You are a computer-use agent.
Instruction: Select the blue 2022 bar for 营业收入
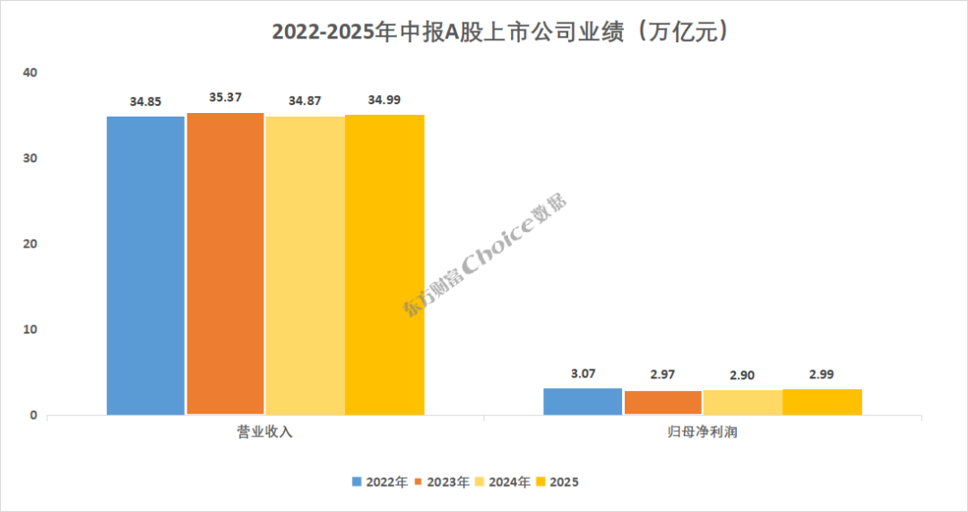pyautogui.click(x=145, y=265)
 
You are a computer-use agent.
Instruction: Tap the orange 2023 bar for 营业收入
pyautogui.click(x=225, y=264)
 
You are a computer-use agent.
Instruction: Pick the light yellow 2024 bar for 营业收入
pyautogui.click(x=305, y=265)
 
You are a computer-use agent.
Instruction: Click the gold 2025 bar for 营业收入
pyautogui.click(x=385, y=265)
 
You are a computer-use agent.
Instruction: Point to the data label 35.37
pyautogui.click(x=225, y=97)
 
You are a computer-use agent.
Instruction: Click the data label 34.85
pyautogui.click(x=145, y=101)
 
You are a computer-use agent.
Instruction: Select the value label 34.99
pyautogui.click(x=385, y=100)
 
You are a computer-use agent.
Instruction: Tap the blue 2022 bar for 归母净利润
pyautogui.click(x=583, y=402)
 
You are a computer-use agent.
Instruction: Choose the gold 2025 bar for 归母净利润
pyautogui.click(x=822, y=402)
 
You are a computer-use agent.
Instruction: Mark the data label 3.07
pyautogui.click(x=583, y=374)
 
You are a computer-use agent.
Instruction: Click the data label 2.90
pyautogui.click(x=742, y=376)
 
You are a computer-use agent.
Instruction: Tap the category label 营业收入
pyautogui.click(x=264, y=432)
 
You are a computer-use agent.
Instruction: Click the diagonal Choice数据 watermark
pyautogui.click(x=485, y=256)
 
